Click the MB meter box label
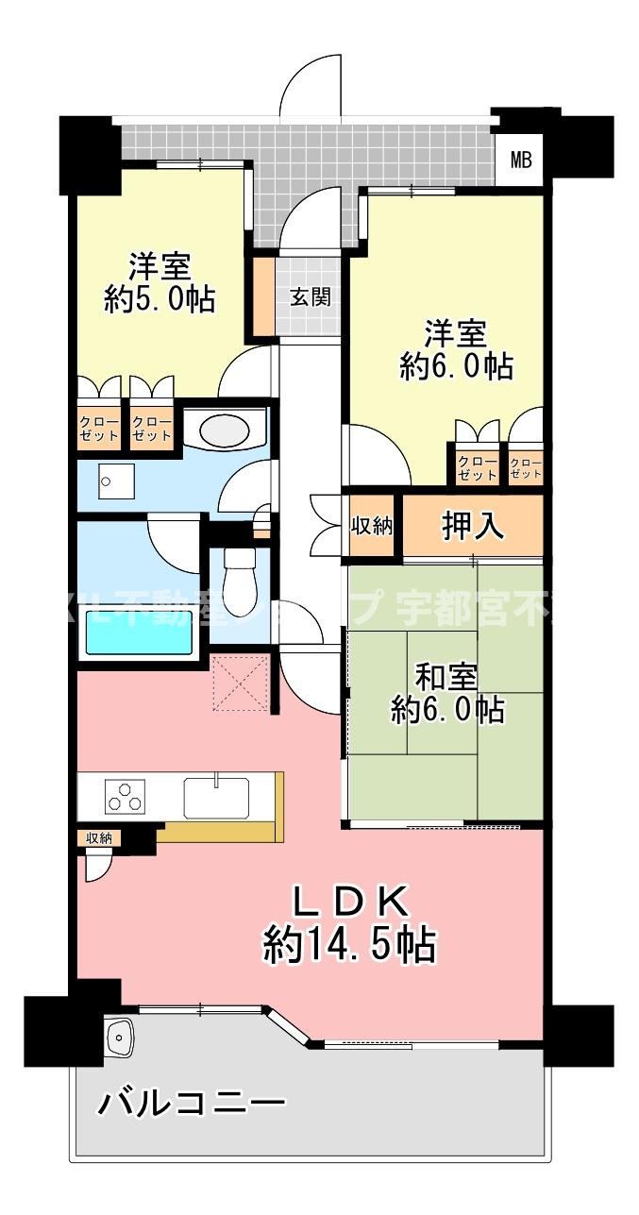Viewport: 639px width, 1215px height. click(x=521, y=159)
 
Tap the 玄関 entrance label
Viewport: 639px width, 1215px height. click(x=309, y=296)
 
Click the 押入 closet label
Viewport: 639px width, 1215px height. click(x=473, y=527)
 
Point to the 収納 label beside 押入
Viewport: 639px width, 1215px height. click(x=372, y=527)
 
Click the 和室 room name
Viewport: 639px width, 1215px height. click(x=447, y=677)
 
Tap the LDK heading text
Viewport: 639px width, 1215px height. click(x=349, y=903)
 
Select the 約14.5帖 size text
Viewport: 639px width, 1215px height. click(x=349, y=944)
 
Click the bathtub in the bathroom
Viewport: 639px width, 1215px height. click(x=139, y=632)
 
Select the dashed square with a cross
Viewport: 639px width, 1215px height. click(x=240, y=682)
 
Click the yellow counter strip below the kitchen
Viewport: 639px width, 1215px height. click(x=222, y=833)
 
